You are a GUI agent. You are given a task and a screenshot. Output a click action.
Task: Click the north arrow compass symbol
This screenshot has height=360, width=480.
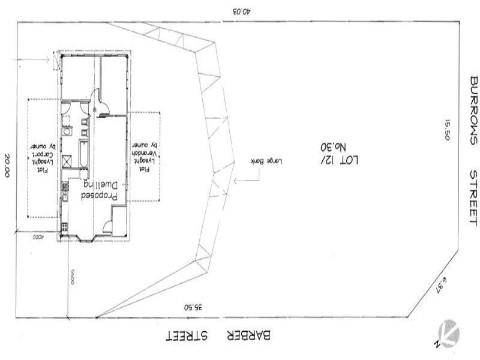[449, 333]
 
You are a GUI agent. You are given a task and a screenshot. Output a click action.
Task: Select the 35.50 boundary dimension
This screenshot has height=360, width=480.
[193, 307]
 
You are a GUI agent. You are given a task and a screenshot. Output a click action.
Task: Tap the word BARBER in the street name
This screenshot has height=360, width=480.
[250, 337]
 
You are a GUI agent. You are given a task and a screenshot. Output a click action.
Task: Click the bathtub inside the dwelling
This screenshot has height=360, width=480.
[82, 148]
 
